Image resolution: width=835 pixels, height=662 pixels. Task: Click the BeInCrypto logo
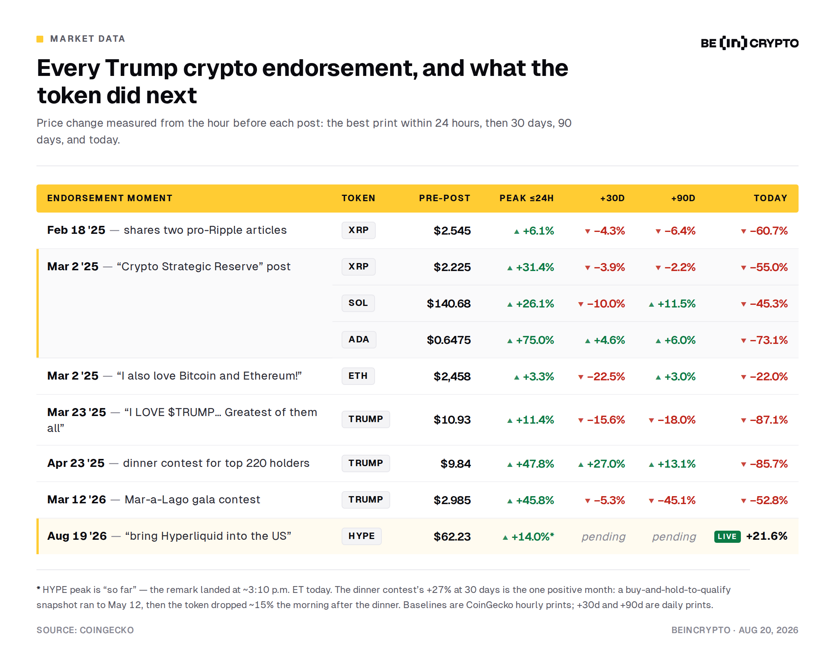pos(749,43)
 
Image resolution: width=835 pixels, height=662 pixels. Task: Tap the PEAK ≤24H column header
pos(526,198)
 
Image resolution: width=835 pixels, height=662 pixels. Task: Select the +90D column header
pos(683,198)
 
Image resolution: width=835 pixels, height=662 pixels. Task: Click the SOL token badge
pos(358,303)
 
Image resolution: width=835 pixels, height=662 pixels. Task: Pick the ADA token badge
pos(359,339)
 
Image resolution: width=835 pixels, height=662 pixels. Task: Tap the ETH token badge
pos(358,376)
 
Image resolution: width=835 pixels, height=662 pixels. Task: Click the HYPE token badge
pos(361,536)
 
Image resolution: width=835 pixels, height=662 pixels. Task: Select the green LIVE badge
pos(727,536)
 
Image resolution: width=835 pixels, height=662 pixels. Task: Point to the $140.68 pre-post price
pos(449,303)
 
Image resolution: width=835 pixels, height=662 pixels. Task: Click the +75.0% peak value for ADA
pos(531,340)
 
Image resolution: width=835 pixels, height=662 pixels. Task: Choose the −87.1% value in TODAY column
pos(764,419)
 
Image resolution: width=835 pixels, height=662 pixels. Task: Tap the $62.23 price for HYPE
pos(452,536)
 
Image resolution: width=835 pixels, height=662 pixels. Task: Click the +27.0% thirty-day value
pos(602,464)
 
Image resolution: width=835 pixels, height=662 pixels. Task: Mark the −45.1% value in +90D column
pos(672,500)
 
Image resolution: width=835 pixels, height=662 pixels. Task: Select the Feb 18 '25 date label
pos(76,230)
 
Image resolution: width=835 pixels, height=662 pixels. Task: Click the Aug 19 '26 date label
pos(77,536)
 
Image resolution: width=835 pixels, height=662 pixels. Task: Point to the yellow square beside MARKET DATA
pos(40,39)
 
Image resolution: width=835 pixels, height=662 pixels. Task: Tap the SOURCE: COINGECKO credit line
pos(85,630)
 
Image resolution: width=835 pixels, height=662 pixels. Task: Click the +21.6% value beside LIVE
pos(766,536)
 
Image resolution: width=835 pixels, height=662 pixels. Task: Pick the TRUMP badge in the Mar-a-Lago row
pos(366,500)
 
